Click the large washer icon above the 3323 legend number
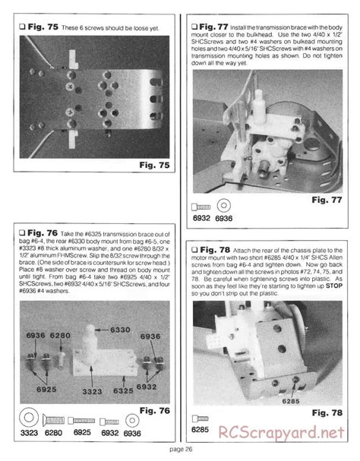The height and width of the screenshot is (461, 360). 27,417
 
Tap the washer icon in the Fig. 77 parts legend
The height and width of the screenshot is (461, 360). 224,206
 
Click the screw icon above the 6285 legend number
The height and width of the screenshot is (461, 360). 201,418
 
